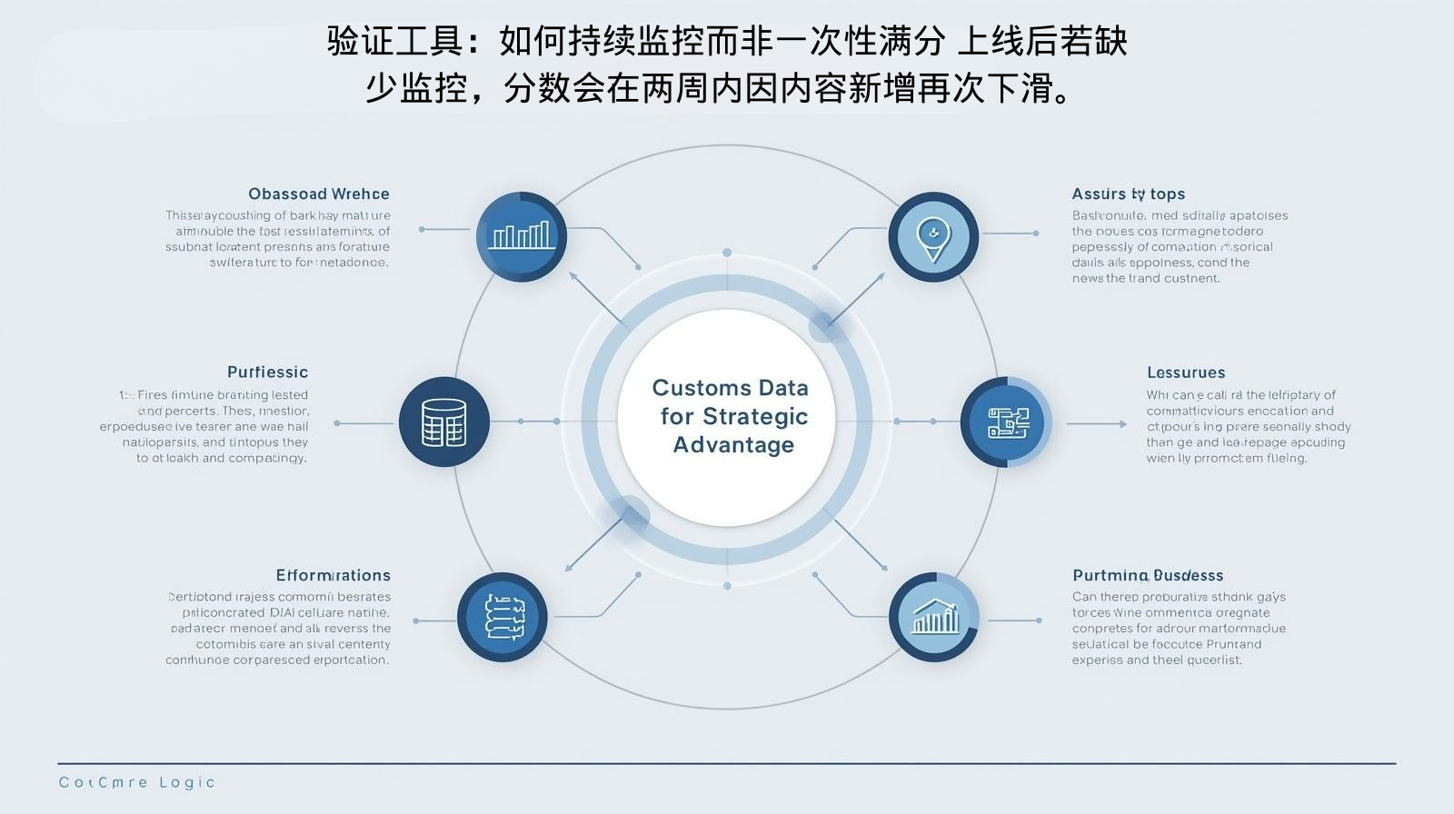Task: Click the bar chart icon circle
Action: pos(521,236)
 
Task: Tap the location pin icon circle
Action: pos(932,236)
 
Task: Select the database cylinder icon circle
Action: pos(443,422)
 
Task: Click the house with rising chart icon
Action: pos(934,617)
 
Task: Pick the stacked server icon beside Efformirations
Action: pos(503,617)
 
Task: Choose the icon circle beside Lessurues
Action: pos(1006,422)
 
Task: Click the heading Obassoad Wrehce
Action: pos(319,194)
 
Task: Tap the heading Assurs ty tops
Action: pos(1128,194)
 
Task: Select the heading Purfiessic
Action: pos(267,372)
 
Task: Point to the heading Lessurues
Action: pos(1185,372)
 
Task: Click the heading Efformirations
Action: pos(333,575)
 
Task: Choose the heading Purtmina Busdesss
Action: pos(1147,575)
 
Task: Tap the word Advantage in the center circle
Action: pos(733,445)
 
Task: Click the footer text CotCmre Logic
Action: pos(137,782)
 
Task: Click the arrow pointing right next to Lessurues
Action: pos(1084,423)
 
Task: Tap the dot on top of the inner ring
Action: pos(727,252)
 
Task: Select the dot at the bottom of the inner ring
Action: pos(727,586)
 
